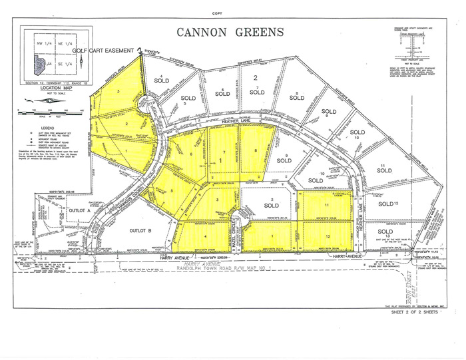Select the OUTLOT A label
coord(79,210)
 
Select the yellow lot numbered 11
coord(327,207)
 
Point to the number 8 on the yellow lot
coord(256,150)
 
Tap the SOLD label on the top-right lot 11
coord(383,170)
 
